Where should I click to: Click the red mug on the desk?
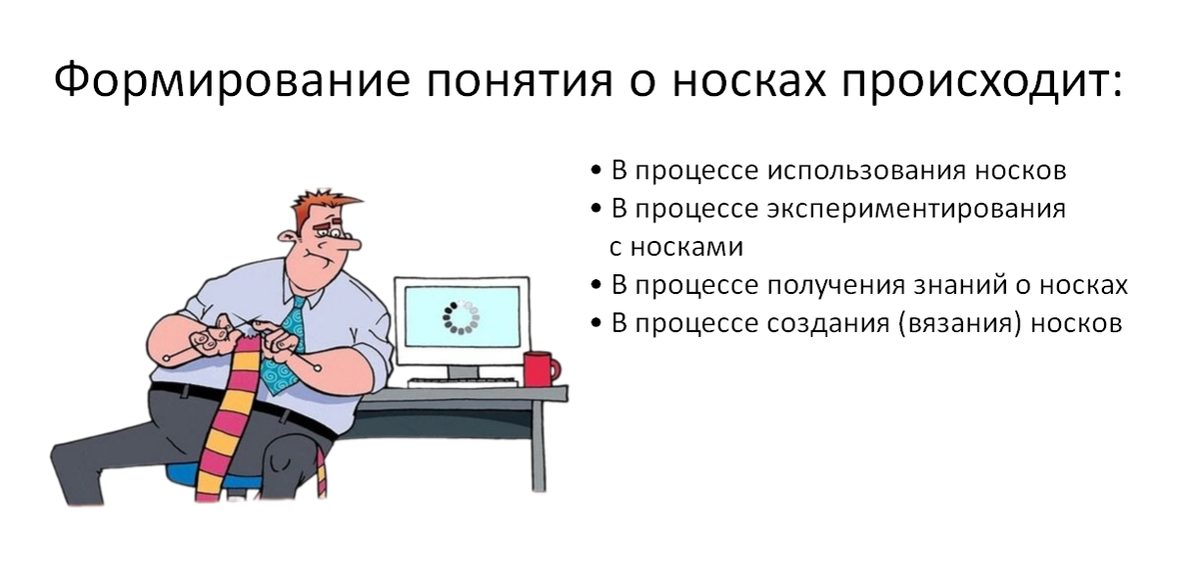click(x=539, y=368)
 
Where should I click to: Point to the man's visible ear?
click(x=291, y=239)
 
